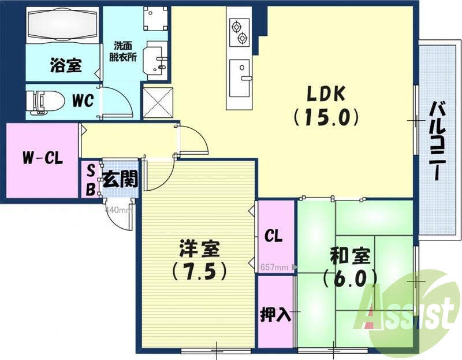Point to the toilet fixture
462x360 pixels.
46,101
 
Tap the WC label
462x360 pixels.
83,101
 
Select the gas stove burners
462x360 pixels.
239,32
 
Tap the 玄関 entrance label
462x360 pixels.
121,179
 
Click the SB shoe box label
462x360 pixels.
91,179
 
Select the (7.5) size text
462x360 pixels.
198,269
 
